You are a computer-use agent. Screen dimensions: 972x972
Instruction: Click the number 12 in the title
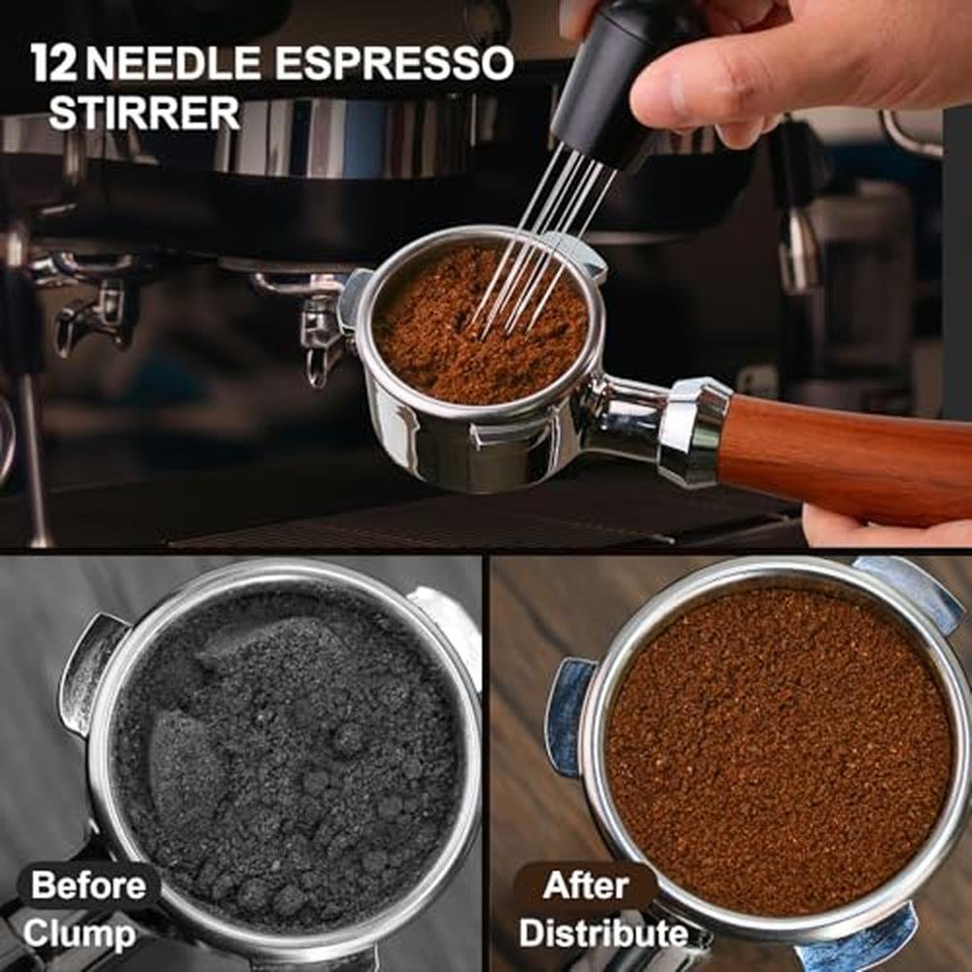pos(53,62)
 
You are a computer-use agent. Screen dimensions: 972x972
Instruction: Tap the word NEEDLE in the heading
pos(173,63)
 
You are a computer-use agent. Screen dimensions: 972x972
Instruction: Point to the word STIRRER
pos(144,113)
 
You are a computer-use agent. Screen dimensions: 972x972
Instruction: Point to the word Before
pos(88,885)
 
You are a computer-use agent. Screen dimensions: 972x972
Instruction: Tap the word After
pos(585,885)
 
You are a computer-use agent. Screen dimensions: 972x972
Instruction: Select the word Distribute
pos(604,933)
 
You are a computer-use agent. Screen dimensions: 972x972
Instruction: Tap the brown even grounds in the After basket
pos(778,750)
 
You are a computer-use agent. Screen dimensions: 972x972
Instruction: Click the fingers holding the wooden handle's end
pos(886,527)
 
